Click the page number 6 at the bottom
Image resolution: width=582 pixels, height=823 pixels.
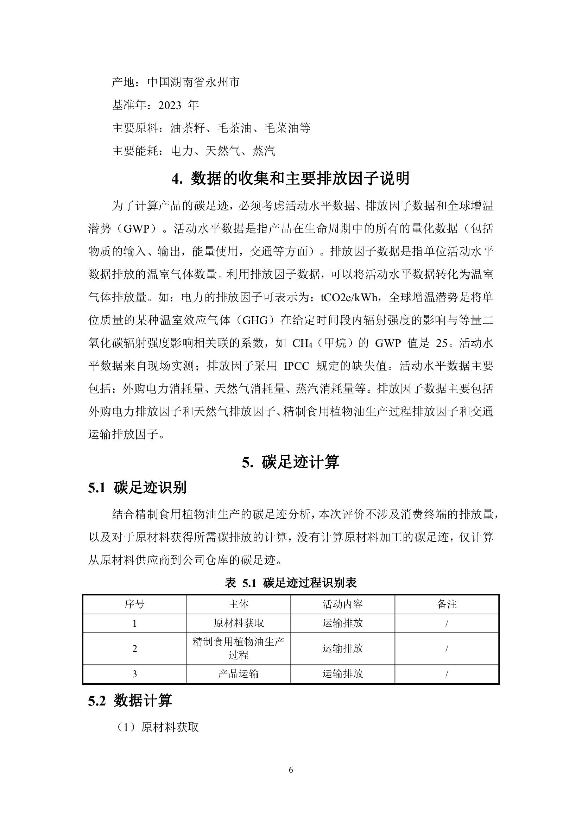pos(291,770)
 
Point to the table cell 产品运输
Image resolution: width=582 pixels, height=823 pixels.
pos(239,674)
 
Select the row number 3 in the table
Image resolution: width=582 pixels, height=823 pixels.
pos(134,674)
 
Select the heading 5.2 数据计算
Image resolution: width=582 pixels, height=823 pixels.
pos(130,701)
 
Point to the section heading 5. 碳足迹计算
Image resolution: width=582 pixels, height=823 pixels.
pos(291,462)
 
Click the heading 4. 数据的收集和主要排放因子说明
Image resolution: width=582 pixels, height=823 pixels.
pos(291,178)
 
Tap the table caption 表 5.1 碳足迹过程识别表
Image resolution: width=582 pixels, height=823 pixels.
pos(291,583)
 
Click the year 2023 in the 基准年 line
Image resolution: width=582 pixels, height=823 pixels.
pos(170,106)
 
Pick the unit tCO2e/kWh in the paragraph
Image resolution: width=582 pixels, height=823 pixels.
pos(348,298)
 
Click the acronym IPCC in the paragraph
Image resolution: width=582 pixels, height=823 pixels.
pos(297,366)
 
